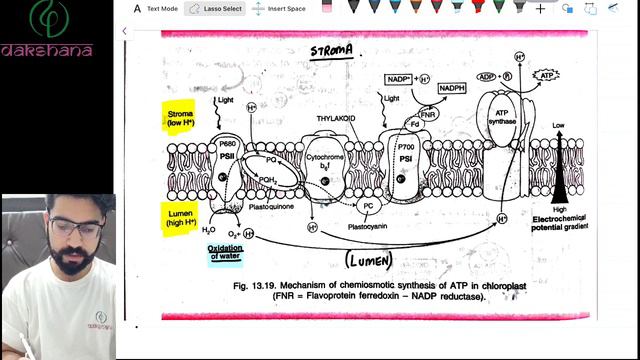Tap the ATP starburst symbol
tap(546, 76)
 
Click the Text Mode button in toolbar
tap(156, 9)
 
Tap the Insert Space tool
tap(279, 9)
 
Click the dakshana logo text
tap(47, 50)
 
